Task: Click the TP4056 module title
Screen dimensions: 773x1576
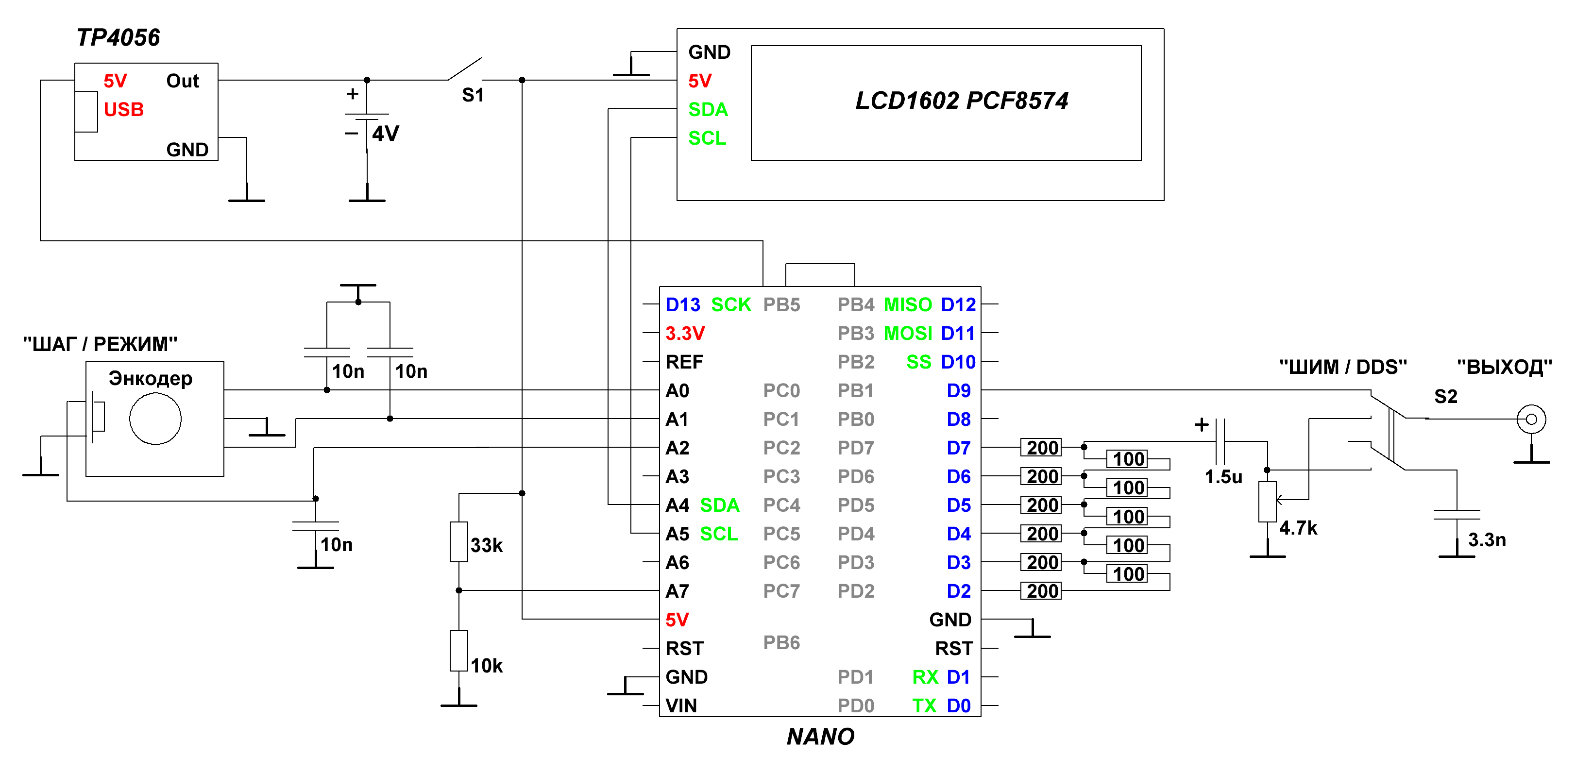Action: [x=118, y=38]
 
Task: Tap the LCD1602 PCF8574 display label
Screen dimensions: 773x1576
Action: [x=961, y=101]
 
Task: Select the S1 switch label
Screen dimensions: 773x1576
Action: [x=472, y=95]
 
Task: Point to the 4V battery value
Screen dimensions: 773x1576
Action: [x=386, y=134]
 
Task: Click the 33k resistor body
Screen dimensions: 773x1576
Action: [x=459, y=542]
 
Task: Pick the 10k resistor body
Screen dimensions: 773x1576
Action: [x=459, y=651]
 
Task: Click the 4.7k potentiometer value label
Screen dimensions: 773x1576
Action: [x=1298, y=528]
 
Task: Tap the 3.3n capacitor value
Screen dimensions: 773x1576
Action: [x=1487, y=539]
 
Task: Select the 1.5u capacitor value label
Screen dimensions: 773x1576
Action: [x=1223, y=477]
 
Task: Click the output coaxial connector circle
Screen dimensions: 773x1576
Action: [x=1531, y=419]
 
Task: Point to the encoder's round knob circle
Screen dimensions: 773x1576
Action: [x=155, y=419]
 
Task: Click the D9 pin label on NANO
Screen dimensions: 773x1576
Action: [x=959, y=391]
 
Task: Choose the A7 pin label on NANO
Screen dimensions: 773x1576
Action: [x=677, y=591]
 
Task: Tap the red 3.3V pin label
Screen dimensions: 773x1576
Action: [x=685, y=333]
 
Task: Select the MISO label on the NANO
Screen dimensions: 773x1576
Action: [x=907, y=304]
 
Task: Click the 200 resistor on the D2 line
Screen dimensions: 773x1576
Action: [x=1041, y=591]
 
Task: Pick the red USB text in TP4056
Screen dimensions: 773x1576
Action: [x=123, y=109]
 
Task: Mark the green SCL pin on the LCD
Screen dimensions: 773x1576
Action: [x=707, y=138]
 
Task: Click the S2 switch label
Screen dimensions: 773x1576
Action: [x=1446, y=396]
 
